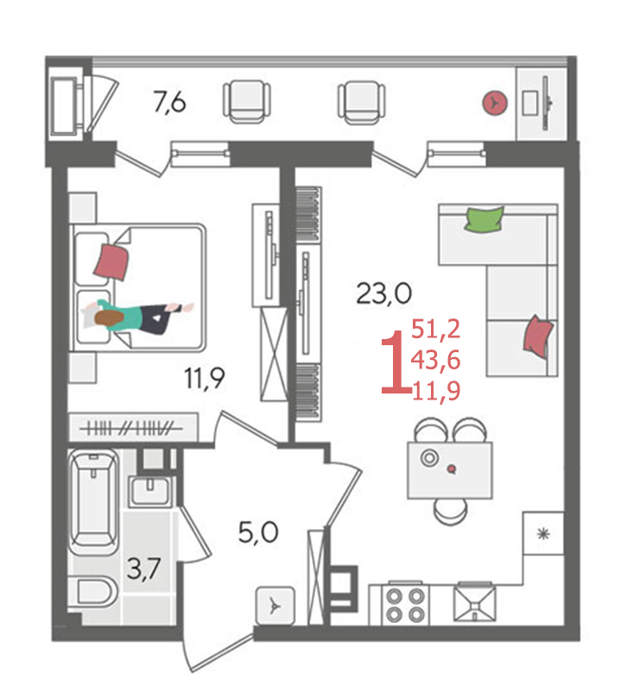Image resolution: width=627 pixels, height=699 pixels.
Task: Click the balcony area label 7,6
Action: click(169, 103)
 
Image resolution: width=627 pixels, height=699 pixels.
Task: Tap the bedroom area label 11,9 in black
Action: click(205, 379)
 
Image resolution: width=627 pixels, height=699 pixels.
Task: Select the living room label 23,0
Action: click(384, 294)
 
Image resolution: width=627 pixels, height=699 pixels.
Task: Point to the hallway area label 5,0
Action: click(258, 532)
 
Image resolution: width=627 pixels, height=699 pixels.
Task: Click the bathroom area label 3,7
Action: click(143, 570)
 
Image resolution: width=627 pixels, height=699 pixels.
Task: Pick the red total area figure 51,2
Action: click(435, 330)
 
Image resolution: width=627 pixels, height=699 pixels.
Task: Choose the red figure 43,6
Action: click(435, 359)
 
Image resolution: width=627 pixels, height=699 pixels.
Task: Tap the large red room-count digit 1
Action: click(395, 362)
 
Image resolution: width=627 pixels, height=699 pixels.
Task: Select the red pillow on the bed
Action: click(111, 261)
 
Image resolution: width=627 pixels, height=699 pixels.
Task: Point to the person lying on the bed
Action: click(138, 316)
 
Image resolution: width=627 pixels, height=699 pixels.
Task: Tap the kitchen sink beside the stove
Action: click(474, 603)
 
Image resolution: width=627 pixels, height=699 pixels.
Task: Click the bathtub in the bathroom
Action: click(94, 501)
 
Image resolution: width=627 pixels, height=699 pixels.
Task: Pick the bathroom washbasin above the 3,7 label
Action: click(150, 492)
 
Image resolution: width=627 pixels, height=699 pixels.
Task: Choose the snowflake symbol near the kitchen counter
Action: click(543, 533)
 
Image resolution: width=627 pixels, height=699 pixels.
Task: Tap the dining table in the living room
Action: click(450, 470)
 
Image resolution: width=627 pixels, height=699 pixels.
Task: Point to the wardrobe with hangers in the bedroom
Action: click(132, 428)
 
